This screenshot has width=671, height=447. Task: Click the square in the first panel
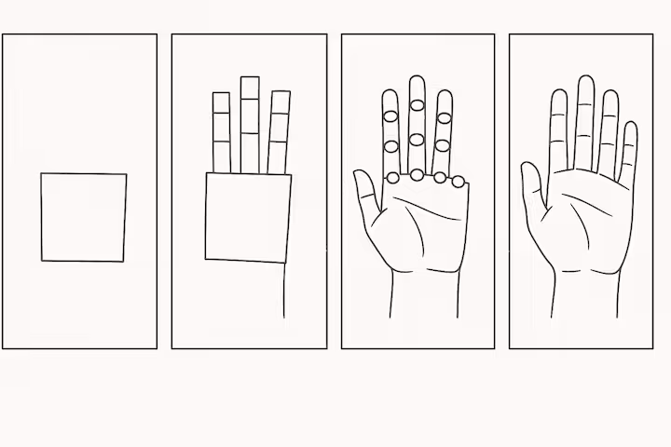(83, 217)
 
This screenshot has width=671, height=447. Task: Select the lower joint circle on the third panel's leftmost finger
(390, 143)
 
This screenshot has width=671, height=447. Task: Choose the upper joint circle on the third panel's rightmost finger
(445, 117)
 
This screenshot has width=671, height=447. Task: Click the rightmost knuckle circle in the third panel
(458, 181)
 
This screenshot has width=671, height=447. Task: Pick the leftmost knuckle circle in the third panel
(393, 176)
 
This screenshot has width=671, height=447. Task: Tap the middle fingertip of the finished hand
(584, 82)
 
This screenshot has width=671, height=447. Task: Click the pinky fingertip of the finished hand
(630, 129)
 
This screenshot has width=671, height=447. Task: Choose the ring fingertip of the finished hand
(610, 96)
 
